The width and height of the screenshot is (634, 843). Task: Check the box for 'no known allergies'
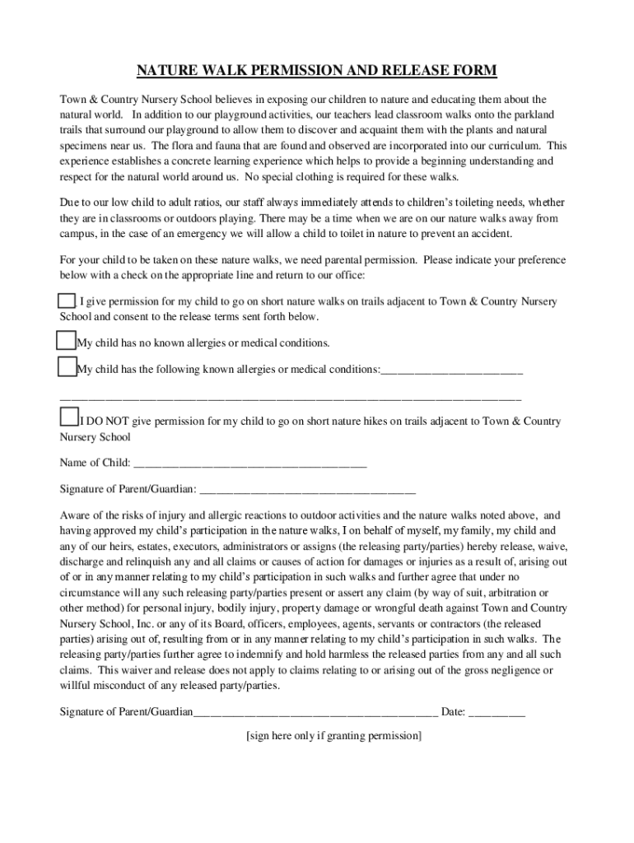click(67, 341)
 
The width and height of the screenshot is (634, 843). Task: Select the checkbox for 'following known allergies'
click(67, 367)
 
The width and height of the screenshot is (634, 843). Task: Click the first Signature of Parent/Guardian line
click(307, 489)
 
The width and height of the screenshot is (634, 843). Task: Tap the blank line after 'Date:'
click(496, 711)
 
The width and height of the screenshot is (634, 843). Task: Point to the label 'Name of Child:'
click(95, 463)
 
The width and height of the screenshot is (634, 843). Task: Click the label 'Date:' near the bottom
click(454, 711)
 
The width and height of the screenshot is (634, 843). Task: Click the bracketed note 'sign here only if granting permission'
click(333, 736)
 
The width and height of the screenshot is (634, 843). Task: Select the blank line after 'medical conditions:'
click(452, 370)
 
